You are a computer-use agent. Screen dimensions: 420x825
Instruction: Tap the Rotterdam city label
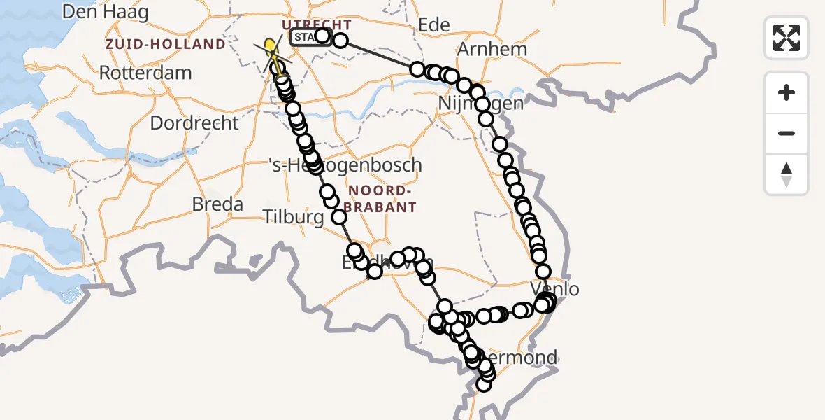pos(145,73)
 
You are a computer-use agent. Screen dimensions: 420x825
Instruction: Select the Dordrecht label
pos(194,122)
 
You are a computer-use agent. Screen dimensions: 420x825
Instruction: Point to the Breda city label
pos(218,204)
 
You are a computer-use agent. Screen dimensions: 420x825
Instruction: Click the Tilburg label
pos(293,218)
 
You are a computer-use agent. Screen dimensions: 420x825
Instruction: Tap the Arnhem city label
pos(492,50)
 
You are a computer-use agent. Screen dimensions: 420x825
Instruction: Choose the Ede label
pos(433,26)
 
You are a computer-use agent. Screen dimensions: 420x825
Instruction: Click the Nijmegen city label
pos(480,104)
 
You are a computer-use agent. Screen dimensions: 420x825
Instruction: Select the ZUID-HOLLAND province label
pos(166,44)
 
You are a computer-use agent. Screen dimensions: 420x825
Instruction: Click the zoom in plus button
pos(787,92)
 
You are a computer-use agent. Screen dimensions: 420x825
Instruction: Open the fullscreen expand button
pos(787,37)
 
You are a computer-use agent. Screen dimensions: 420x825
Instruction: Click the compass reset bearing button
pos(787,174)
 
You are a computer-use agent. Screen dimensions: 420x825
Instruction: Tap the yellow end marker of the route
pos(271,46)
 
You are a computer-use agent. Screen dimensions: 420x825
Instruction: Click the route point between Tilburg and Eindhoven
pos(339,217)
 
